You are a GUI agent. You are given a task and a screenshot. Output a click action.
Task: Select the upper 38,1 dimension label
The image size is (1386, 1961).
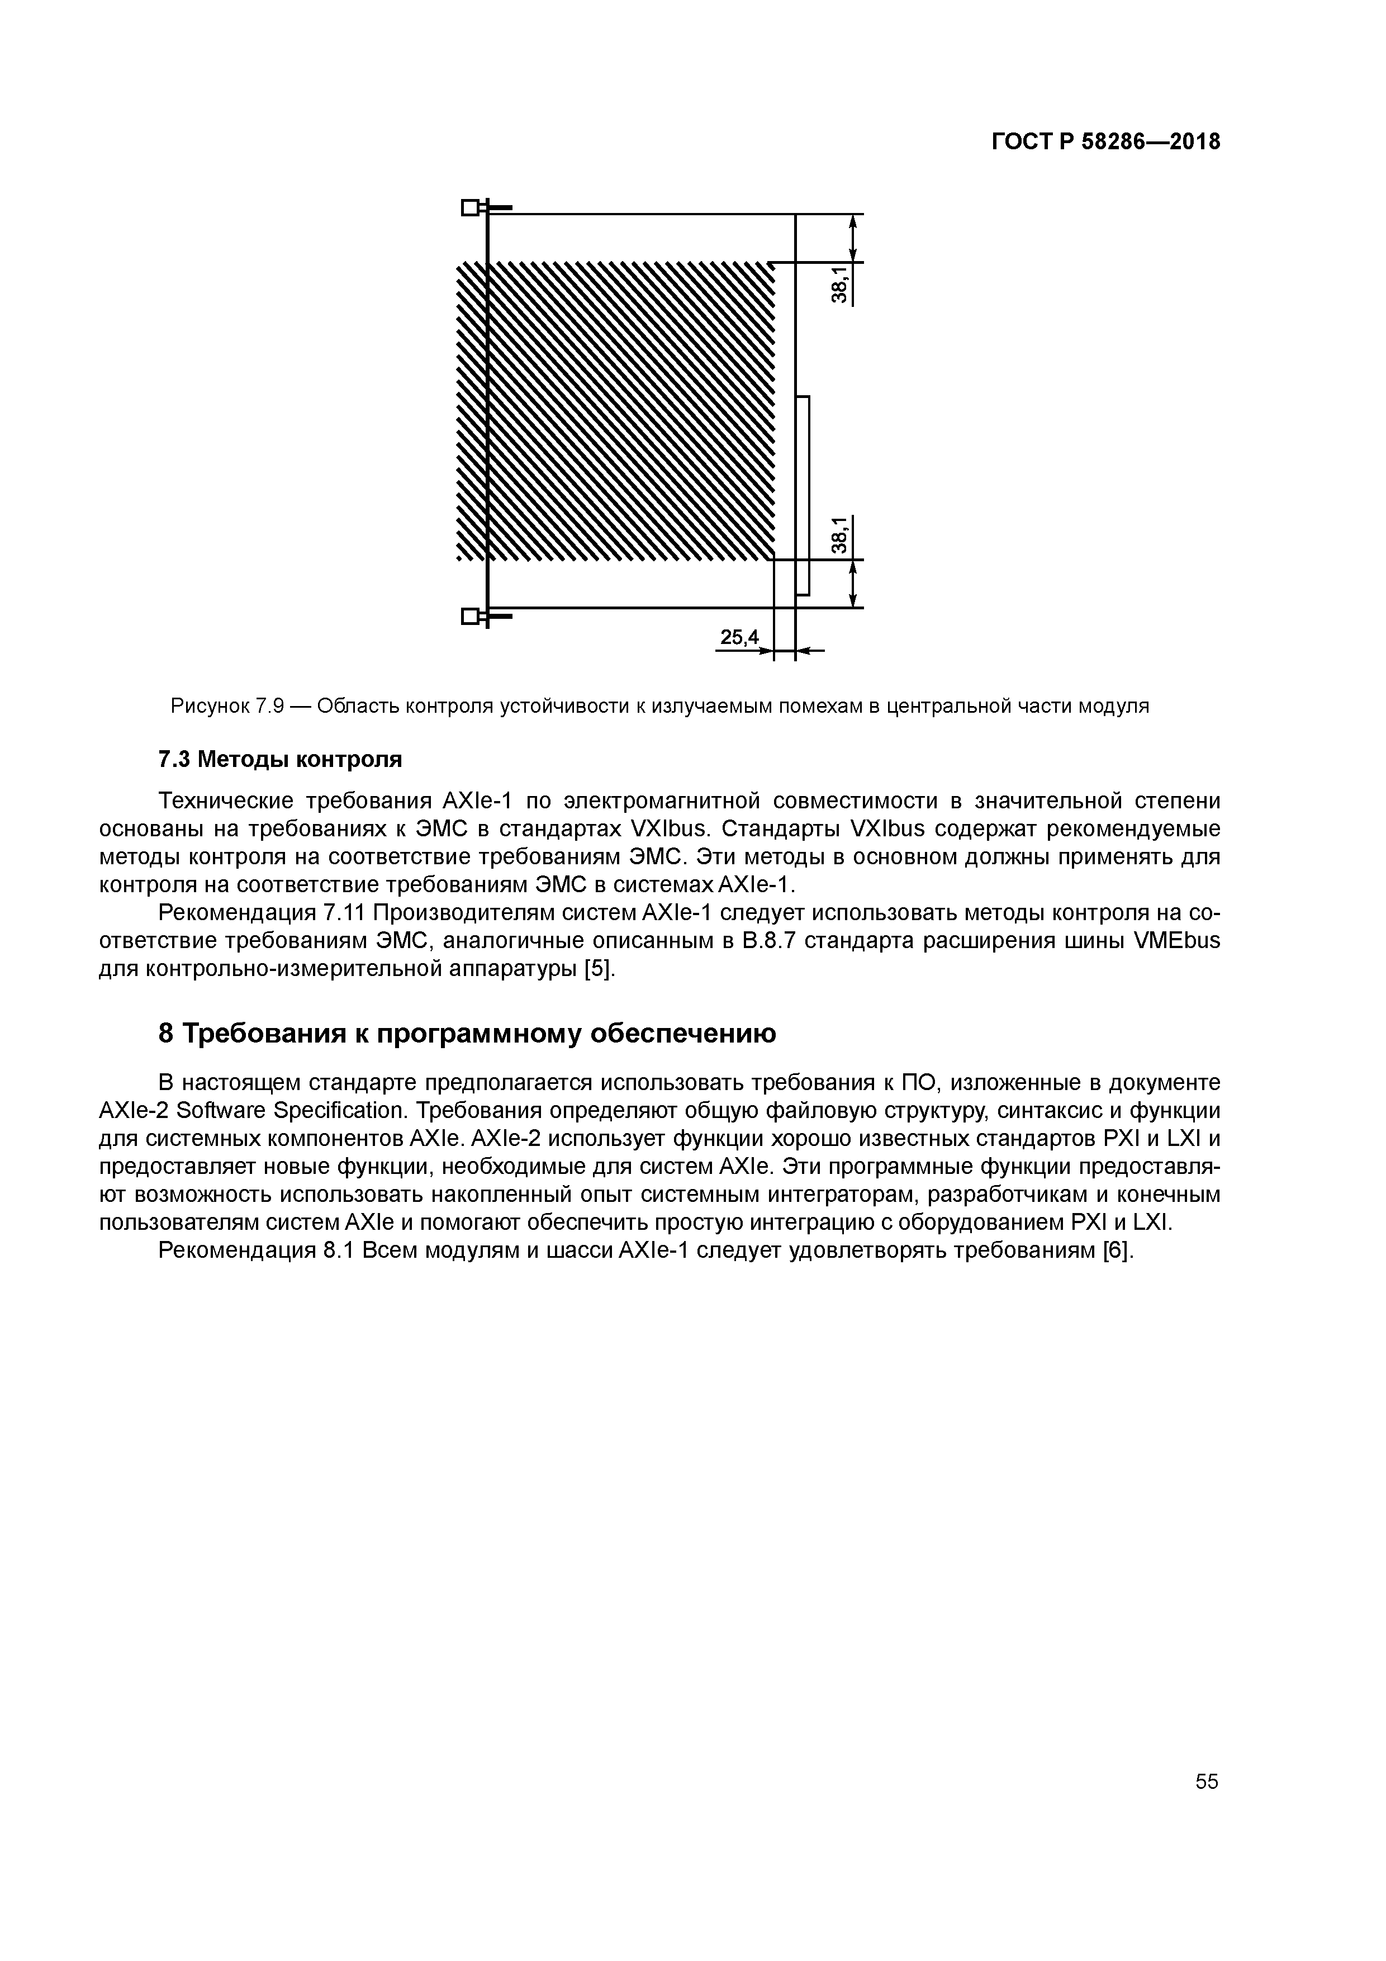841,285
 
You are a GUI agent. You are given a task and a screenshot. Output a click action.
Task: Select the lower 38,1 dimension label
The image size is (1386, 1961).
841,536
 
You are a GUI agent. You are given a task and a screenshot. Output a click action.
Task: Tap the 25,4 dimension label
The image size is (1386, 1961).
739,637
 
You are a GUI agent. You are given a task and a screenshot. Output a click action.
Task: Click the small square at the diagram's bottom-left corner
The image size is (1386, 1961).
469,616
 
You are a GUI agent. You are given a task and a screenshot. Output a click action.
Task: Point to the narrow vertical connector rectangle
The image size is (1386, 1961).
802,495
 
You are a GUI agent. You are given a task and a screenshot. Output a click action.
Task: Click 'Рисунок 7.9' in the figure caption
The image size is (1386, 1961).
226,707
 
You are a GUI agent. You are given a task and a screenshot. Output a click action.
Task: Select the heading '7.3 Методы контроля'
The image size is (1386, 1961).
280,759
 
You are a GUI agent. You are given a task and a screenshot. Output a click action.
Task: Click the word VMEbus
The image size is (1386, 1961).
1177,941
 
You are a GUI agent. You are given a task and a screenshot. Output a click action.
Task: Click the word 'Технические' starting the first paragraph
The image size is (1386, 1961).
226,800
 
